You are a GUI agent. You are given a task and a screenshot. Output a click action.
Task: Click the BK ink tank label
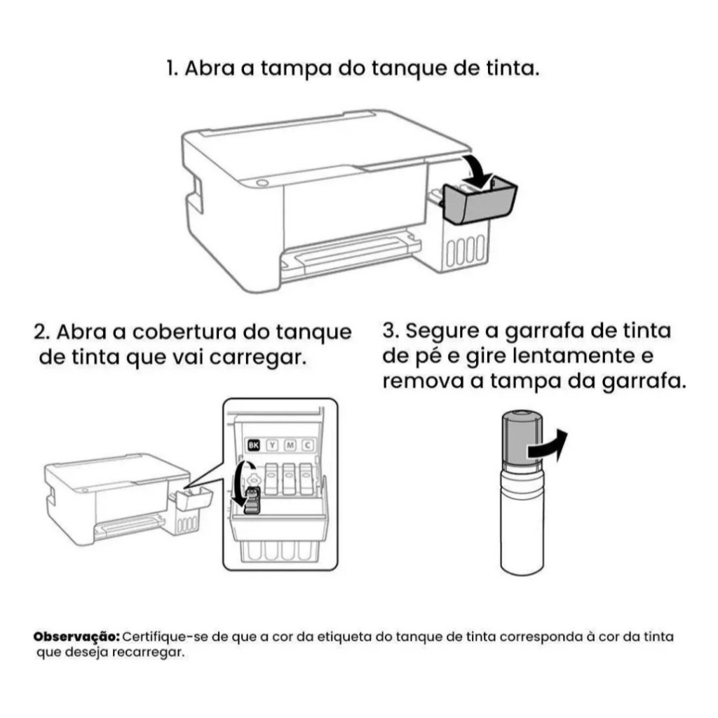253,445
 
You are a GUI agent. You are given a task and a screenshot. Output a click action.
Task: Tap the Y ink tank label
273,445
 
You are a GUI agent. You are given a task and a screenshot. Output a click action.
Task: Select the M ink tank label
290,445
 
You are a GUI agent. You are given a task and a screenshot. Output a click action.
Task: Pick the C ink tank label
308,445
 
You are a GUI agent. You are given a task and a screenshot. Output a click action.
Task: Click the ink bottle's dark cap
522,440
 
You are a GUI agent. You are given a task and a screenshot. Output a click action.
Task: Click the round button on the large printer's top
262,183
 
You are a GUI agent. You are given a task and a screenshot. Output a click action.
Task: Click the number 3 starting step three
389,331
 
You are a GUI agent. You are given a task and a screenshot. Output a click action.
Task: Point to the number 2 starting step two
41,332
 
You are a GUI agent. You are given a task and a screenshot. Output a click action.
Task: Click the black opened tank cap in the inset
251,501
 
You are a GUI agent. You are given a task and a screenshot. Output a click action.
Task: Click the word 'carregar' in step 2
257,358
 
